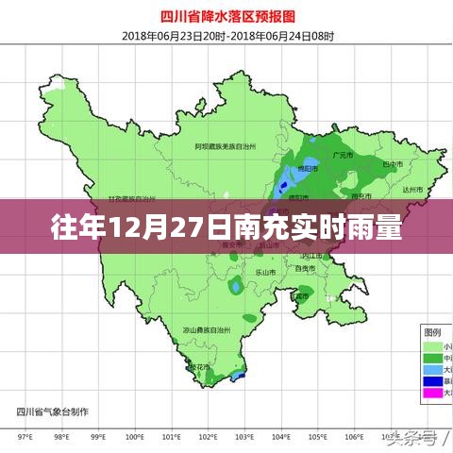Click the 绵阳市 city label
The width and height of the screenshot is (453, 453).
click(x=308, y=169)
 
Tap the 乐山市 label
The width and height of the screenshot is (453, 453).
click(x=266, y=272)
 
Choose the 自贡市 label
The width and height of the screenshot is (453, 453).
click(x=305, y=269)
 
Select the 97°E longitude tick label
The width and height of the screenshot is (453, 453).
click(x=25, y=437)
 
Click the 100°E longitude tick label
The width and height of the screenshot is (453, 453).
click(x=135, y=437)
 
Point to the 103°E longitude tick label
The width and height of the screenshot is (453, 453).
click(x=243, y=437)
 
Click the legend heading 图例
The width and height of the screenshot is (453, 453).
click(x=432, y=332)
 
